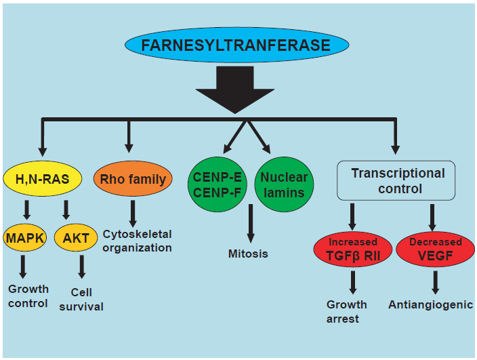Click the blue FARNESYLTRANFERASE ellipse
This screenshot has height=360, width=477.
tap(236, 45)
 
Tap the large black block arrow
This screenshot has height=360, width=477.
tap(235, 89)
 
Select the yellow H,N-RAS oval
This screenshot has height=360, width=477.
tap(43, 178)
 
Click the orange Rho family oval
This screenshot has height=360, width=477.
tap(133, 178)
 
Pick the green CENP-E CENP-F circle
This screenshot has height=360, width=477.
tap(217, 184)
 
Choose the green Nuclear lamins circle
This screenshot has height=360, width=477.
tap(284, 184)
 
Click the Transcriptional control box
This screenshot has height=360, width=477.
tap(396, 180)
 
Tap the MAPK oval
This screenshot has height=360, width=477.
tap(25, 238)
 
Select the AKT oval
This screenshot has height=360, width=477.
tap(76, 238)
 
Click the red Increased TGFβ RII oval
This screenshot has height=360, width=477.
tap(353, 249)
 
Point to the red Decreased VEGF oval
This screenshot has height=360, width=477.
tap(435, 249)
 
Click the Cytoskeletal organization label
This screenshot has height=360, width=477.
tap(137, 241)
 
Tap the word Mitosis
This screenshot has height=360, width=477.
tap(248, 254)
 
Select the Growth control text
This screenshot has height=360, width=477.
tap(28, 296)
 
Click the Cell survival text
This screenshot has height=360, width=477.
tap(81, 300)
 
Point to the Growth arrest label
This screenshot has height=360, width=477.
tap(346, 312)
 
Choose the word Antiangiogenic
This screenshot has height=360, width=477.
tap(431, 305)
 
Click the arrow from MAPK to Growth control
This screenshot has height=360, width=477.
tap(23, 267)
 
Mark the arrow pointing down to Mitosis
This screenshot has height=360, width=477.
tap(251, 224)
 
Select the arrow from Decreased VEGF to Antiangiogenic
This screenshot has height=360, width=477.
tap(435, 283)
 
